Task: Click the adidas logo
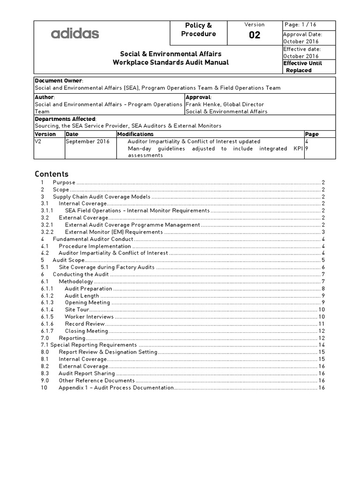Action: point(75,33)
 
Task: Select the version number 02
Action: point(255,35)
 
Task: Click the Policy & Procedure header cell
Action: point(198,30)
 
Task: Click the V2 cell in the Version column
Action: point(38,141)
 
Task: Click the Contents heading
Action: point(52,174)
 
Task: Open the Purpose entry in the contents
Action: point(64,182)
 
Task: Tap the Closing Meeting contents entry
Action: point(86,331)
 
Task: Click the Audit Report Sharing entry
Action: point(87,374)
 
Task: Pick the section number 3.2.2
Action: point(47,232)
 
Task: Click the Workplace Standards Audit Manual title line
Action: point(171,62)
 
